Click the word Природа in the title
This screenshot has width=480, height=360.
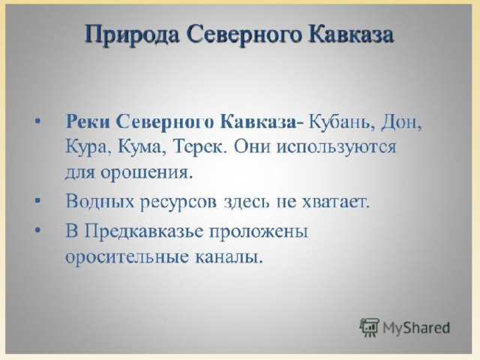(132, 34)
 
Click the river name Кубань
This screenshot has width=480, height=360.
(342, 122)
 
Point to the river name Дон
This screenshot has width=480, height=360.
(401, 122)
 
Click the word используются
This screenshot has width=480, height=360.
(337, 147)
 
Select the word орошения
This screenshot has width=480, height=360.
(148, 172)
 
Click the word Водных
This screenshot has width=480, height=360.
(100, 202)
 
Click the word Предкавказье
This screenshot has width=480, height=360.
(144, 232)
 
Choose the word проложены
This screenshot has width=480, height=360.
(258, 232)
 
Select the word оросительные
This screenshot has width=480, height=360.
(127, 256)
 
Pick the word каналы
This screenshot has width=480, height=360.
(229, 256)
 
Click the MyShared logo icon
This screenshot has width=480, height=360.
(370, 328)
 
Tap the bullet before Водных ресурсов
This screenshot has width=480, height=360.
(37, 201)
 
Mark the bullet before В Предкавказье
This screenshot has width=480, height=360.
(37, 230)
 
